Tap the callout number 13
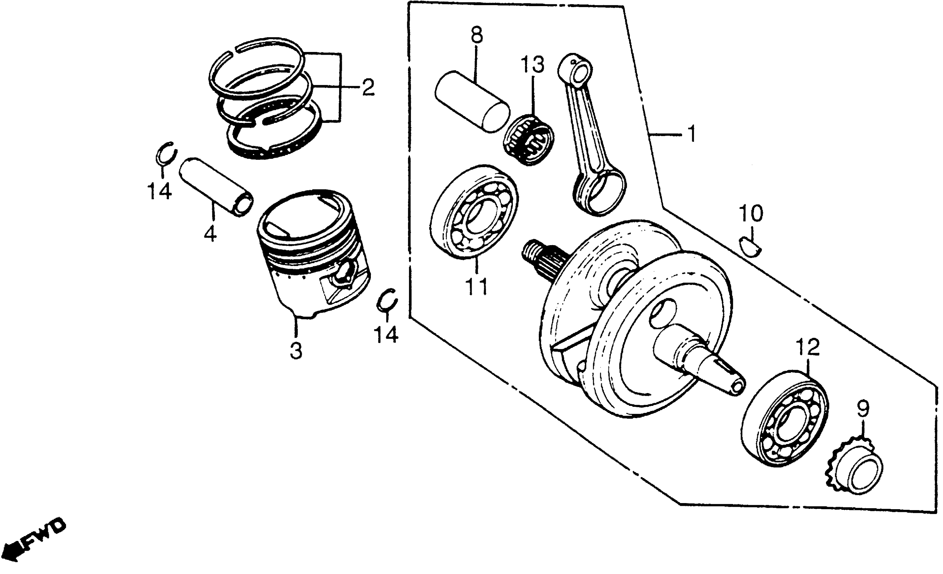532,65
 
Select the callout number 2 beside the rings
368,88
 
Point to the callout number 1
691,134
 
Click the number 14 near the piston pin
159,191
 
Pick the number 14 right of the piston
386,335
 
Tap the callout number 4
210,233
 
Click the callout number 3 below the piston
296,350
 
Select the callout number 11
477,286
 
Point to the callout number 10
750,214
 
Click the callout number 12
807,347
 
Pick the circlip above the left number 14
167,154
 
